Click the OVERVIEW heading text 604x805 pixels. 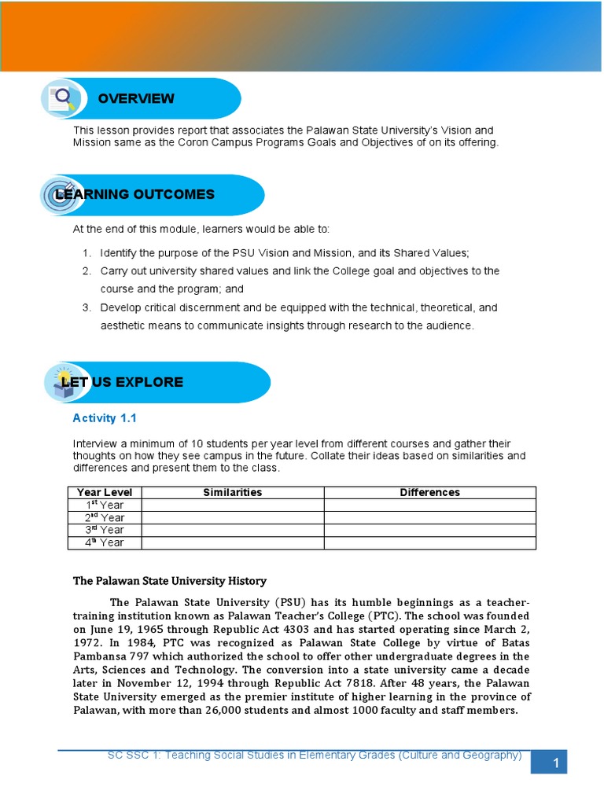click(136, 98)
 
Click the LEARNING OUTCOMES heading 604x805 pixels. click(134, 194)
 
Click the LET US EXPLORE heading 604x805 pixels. click(122, 382)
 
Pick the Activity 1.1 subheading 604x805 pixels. click(105, 418)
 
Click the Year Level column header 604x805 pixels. click(105, 492)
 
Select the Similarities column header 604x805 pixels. click(232, 492)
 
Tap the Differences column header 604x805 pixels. click(429, 492)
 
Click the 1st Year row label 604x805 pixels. click(105, 505)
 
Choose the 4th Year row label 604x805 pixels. click(105, 542)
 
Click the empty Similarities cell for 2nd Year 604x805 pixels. click(232, 517)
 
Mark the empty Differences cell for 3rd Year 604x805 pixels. click(429, 530)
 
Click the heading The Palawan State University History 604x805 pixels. click(170, 581)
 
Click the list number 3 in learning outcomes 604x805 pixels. click(87, 307)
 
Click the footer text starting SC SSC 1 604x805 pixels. click(315, 755)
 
